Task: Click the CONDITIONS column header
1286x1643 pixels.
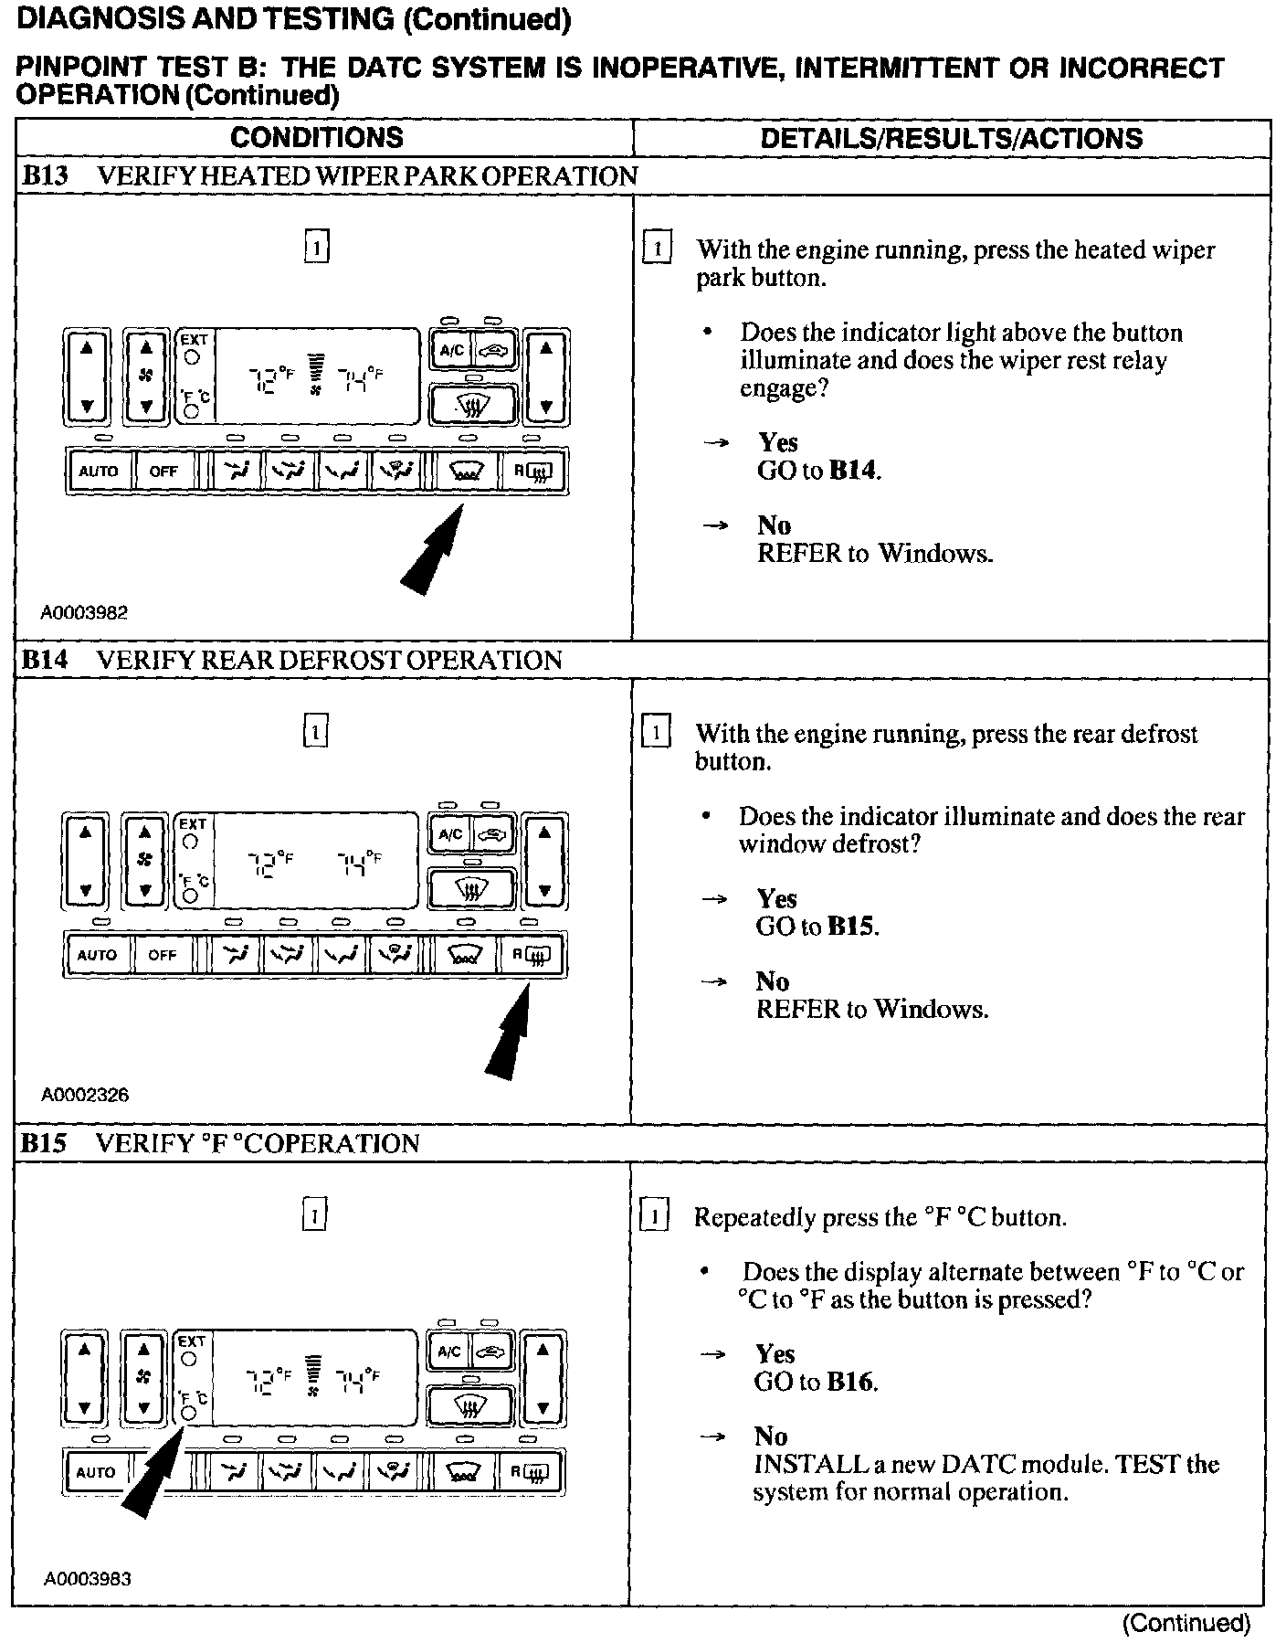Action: (x=316, y=138)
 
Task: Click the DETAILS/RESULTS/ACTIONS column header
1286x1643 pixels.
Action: (x=951, y=139)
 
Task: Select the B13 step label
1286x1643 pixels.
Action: (x=45, y=175)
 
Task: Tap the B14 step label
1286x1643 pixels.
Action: (x=45, y=660)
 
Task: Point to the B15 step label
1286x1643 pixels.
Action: (x=45, y=1143)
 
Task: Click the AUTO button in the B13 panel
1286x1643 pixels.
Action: (x=99, y=472)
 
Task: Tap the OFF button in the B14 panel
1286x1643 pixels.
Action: (x=163, y=955)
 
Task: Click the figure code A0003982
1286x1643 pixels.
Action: (x=84, y=613)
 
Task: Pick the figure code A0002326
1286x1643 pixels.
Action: (x=84, y=1095)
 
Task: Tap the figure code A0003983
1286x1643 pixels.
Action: (x=88, y=1578)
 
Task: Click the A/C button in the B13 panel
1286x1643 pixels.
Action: (x=452, y=351)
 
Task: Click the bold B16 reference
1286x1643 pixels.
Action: (x=851, y=1382)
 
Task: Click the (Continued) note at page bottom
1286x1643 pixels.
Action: (x=1186, y=1622)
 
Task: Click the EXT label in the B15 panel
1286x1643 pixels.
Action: (x=192, y=1341)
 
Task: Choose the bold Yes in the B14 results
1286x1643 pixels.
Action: (x=776, y=898)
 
